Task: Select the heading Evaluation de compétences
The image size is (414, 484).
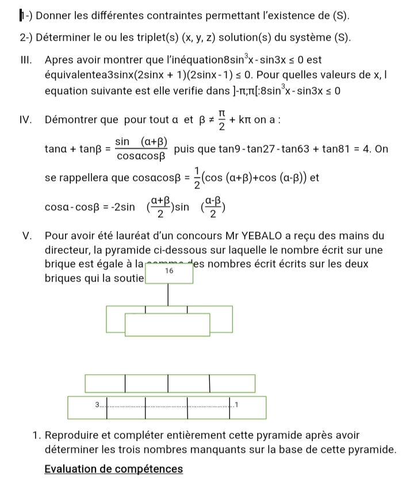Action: click(x=113, y=469)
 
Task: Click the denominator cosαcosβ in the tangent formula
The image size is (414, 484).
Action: click(x=141, y=155)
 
